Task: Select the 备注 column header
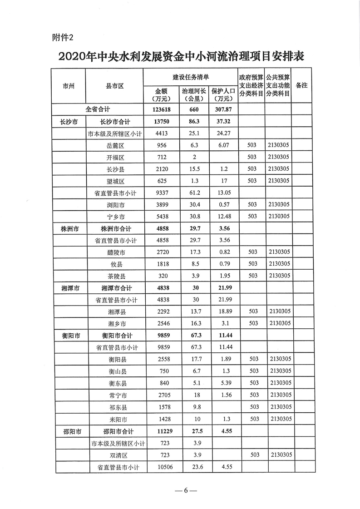(x=301, y=85)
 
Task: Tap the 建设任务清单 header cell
(x=191, y=77)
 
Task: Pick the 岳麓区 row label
(x=116, y=145)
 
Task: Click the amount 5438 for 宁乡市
(x=162, y=217)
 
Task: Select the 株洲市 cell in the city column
(x=69, y=228)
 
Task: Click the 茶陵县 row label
(x=116, y=276)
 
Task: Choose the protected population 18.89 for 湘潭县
(x=222, y=311)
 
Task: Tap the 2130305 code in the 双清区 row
(x=278, y=454)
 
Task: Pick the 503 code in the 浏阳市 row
(x=252, y=205)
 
